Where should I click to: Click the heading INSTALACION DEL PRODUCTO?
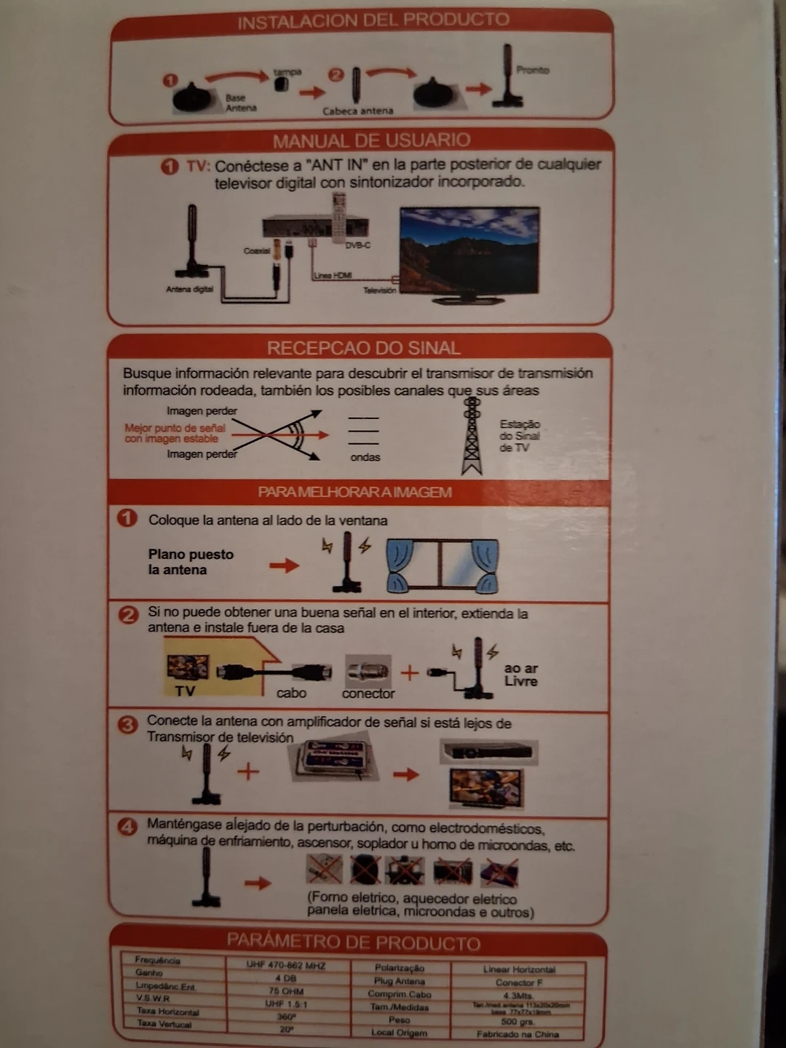pos(373,20)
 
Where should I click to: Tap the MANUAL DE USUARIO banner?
pos(371,140)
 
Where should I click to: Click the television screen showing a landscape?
pos(469,247)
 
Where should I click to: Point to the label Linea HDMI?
pos(333,276)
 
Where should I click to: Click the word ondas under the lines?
pos(365,457)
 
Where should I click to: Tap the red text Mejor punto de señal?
pos(175,429)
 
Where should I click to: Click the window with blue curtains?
pos(442,564)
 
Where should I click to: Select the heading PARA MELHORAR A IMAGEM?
pos(354,493)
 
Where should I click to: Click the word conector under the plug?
pos(368,694)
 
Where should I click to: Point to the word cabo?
pos(291,693)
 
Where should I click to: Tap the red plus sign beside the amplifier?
pos(248,771)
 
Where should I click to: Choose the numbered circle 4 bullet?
pos(128,827)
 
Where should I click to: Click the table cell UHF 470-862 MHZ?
pos(285,966)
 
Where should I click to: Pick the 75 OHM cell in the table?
pos(286,991)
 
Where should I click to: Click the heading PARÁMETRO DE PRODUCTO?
pos(354,942)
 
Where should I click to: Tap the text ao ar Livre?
pos(520,675)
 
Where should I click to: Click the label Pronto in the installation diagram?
pos(533,70)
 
